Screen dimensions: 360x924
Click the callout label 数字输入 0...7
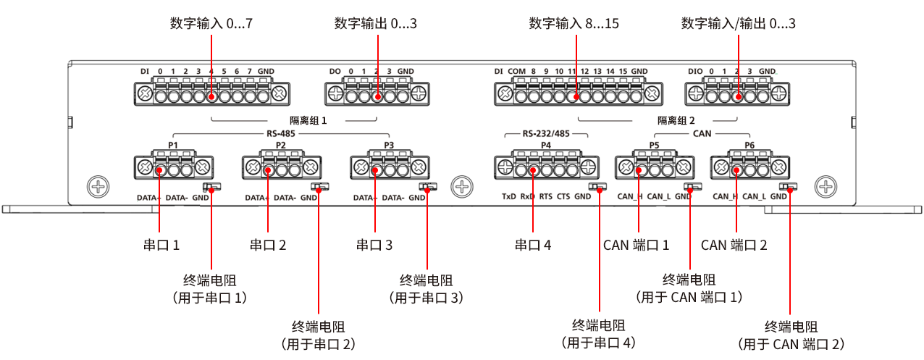pos(211,24)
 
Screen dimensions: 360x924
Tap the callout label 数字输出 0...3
pos(376,24)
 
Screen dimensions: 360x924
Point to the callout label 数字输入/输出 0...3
pos(738,24)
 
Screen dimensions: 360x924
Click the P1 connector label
pos(173,145)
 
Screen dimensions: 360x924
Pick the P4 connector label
pos(545,145)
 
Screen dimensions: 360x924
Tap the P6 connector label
pos(749,145)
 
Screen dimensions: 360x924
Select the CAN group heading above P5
pos(702,134)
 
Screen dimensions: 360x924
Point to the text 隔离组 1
pos(308,121)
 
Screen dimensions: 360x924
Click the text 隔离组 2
pos(676,121)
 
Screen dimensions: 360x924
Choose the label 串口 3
pos(374,246)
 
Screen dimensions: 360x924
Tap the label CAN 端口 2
pos(734,245)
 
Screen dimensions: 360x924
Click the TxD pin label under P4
pos(509,196)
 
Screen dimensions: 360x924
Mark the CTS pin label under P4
pos(563,196)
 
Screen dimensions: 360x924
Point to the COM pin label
pos(516,71)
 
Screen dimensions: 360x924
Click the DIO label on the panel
pos(695,71)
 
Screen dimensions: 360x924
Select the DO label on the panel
pos(335,71)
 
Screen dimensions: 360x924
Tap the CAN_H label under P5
pos(629,196)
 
